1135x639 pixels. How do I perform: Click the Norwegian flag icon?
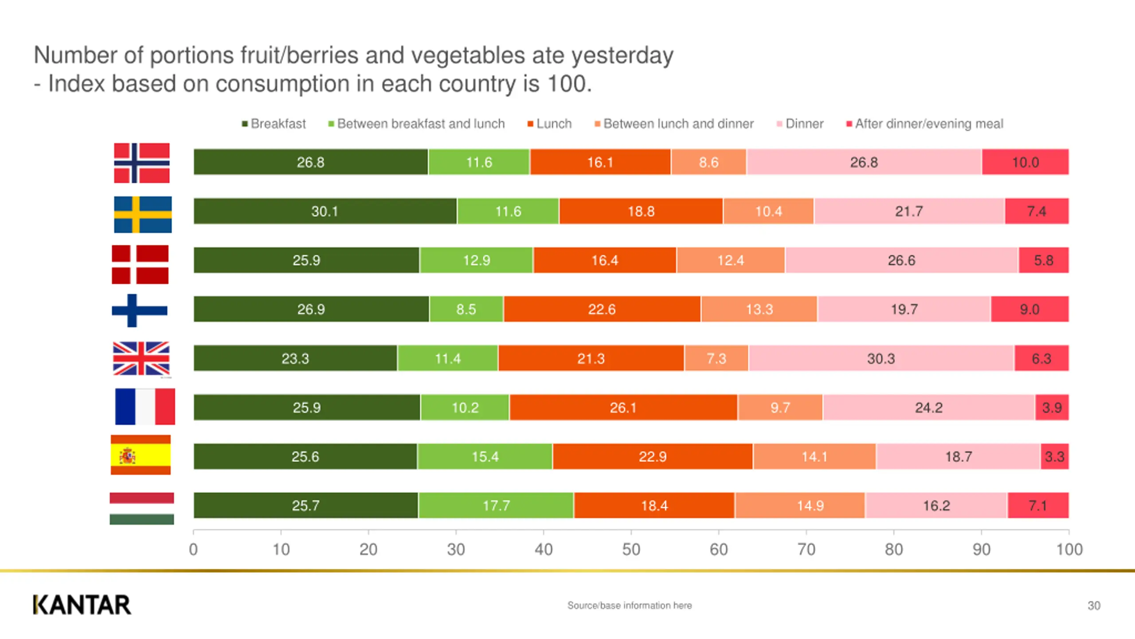(x=142, y=163)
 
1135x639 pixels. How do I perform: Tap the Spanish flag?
(x=141, y=455)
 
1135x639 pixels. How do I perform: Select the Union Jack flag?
(x=141, y=359)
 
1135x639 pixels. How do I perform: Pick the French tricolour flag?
(x=145, y=406)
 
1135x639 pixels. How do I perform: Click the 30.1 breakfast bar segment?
(x=325, y=211)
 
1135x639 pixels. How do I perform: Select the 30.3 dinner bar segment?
(x=881, y=358)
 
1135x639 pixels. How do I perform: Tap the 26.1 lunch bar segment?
(x=623, y=407)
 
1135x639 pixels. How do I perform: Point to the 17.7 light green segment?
(x=496, y=505)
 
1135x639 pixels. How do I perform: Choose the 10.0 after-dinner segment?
(x=1025, y=162)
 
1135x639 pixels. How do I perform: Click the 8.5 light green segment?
(x=466, y=309)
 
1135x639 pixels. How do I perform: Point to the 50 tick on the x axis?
(x=631, y=549)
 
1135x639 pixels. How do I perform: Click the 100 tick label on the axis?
(x=1069, y=549)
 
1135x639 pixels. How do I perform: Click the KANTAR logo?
(x=82, y=605)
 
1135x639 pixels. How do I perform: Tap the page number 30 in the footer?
(x=1094, y=606)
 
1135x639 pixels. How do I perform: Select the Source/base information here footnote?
(x=630, y=606)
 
